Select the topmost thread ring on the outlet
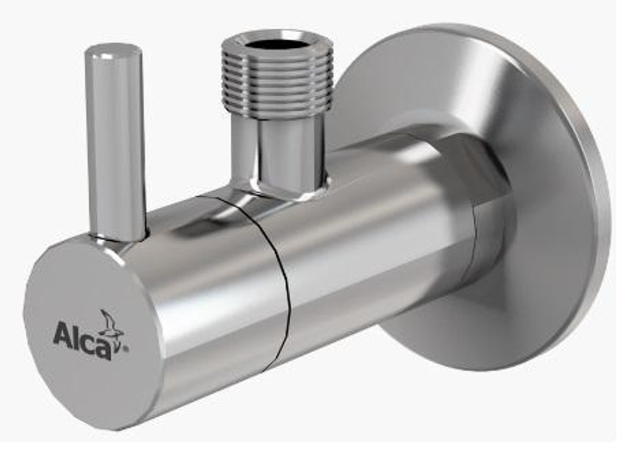click(276, 60)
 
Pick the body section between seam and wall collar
click(377, 239)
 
